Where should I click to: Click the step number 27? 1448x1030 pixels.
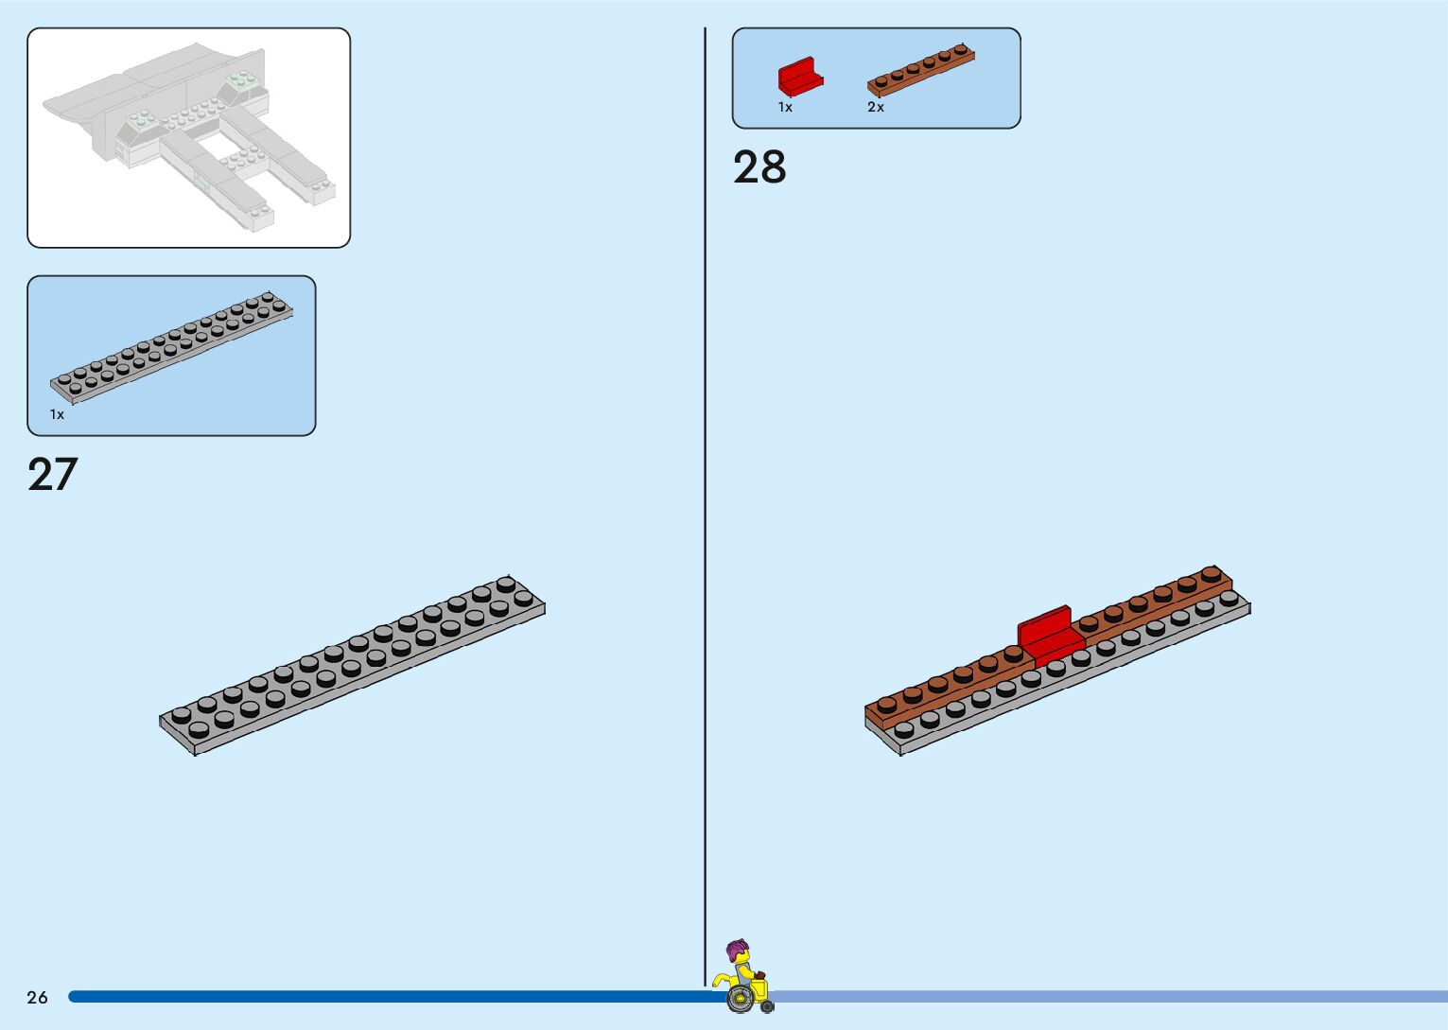click(53, 475)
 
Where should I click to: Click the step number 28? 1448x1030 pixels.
click(759, 167)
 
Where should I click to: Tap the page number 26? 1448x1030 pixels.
click(37, 997)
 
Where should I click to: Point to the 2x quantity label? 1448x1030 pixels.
click(876, 108)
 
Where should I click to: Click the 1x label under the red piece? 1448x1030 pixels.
click(785, 108)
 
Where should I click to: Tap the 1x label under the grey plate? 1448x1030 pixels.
click(58, 414)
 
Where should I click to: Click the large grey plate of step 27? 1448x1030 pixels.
click(352, 667)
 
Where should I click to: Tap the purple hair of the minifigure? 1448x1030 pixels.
click(737, 948)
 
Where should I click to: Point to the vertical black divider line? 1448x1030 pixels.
click(705, 473)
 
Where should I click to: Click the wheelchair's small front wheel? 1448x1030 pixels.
click(767, 1006)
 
